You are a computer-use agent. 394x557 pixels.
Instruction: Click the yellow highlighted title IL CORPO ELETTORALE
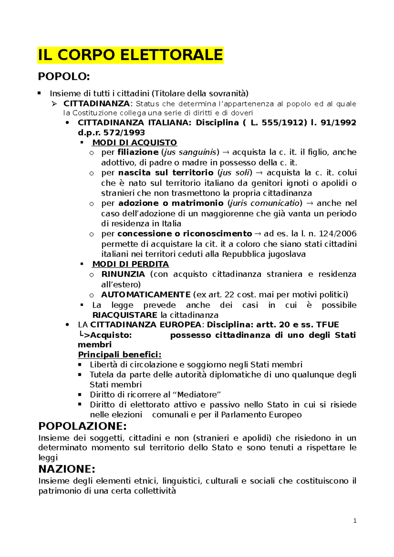point(130,55)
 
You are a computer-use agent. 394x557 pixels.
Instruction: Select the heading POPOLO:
point(64,76)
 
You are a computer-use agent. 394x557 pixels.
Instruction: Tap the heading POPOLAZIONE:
point(82,426)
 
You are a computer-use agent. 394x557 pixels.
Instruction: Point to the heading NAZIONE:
point(67,469)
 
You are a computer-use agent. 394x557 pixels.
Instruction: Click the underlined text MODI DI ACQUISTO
point(135,143)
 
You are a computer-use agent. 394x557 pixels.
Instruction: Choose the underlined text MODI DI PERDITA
point(131,264)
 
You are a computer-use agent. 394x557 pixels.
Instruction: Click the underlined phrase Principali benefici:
point(120,355)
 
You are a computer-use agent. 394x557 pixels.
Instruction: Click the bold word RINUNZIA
point(123,274)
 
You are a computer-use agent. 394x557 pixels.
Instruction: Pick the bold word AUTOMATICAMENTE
point(146,295)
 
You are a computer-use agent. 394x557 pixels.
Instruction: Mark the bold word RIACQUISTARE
point(125,315)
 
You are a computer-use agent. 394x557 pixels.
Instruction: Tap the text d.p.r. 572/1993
point(111,133)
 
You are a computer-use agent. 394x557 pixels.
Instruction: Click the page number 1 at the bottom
point(355,521)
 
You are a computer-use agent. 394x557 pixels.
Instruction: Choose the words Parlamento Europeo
point(261,415)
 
